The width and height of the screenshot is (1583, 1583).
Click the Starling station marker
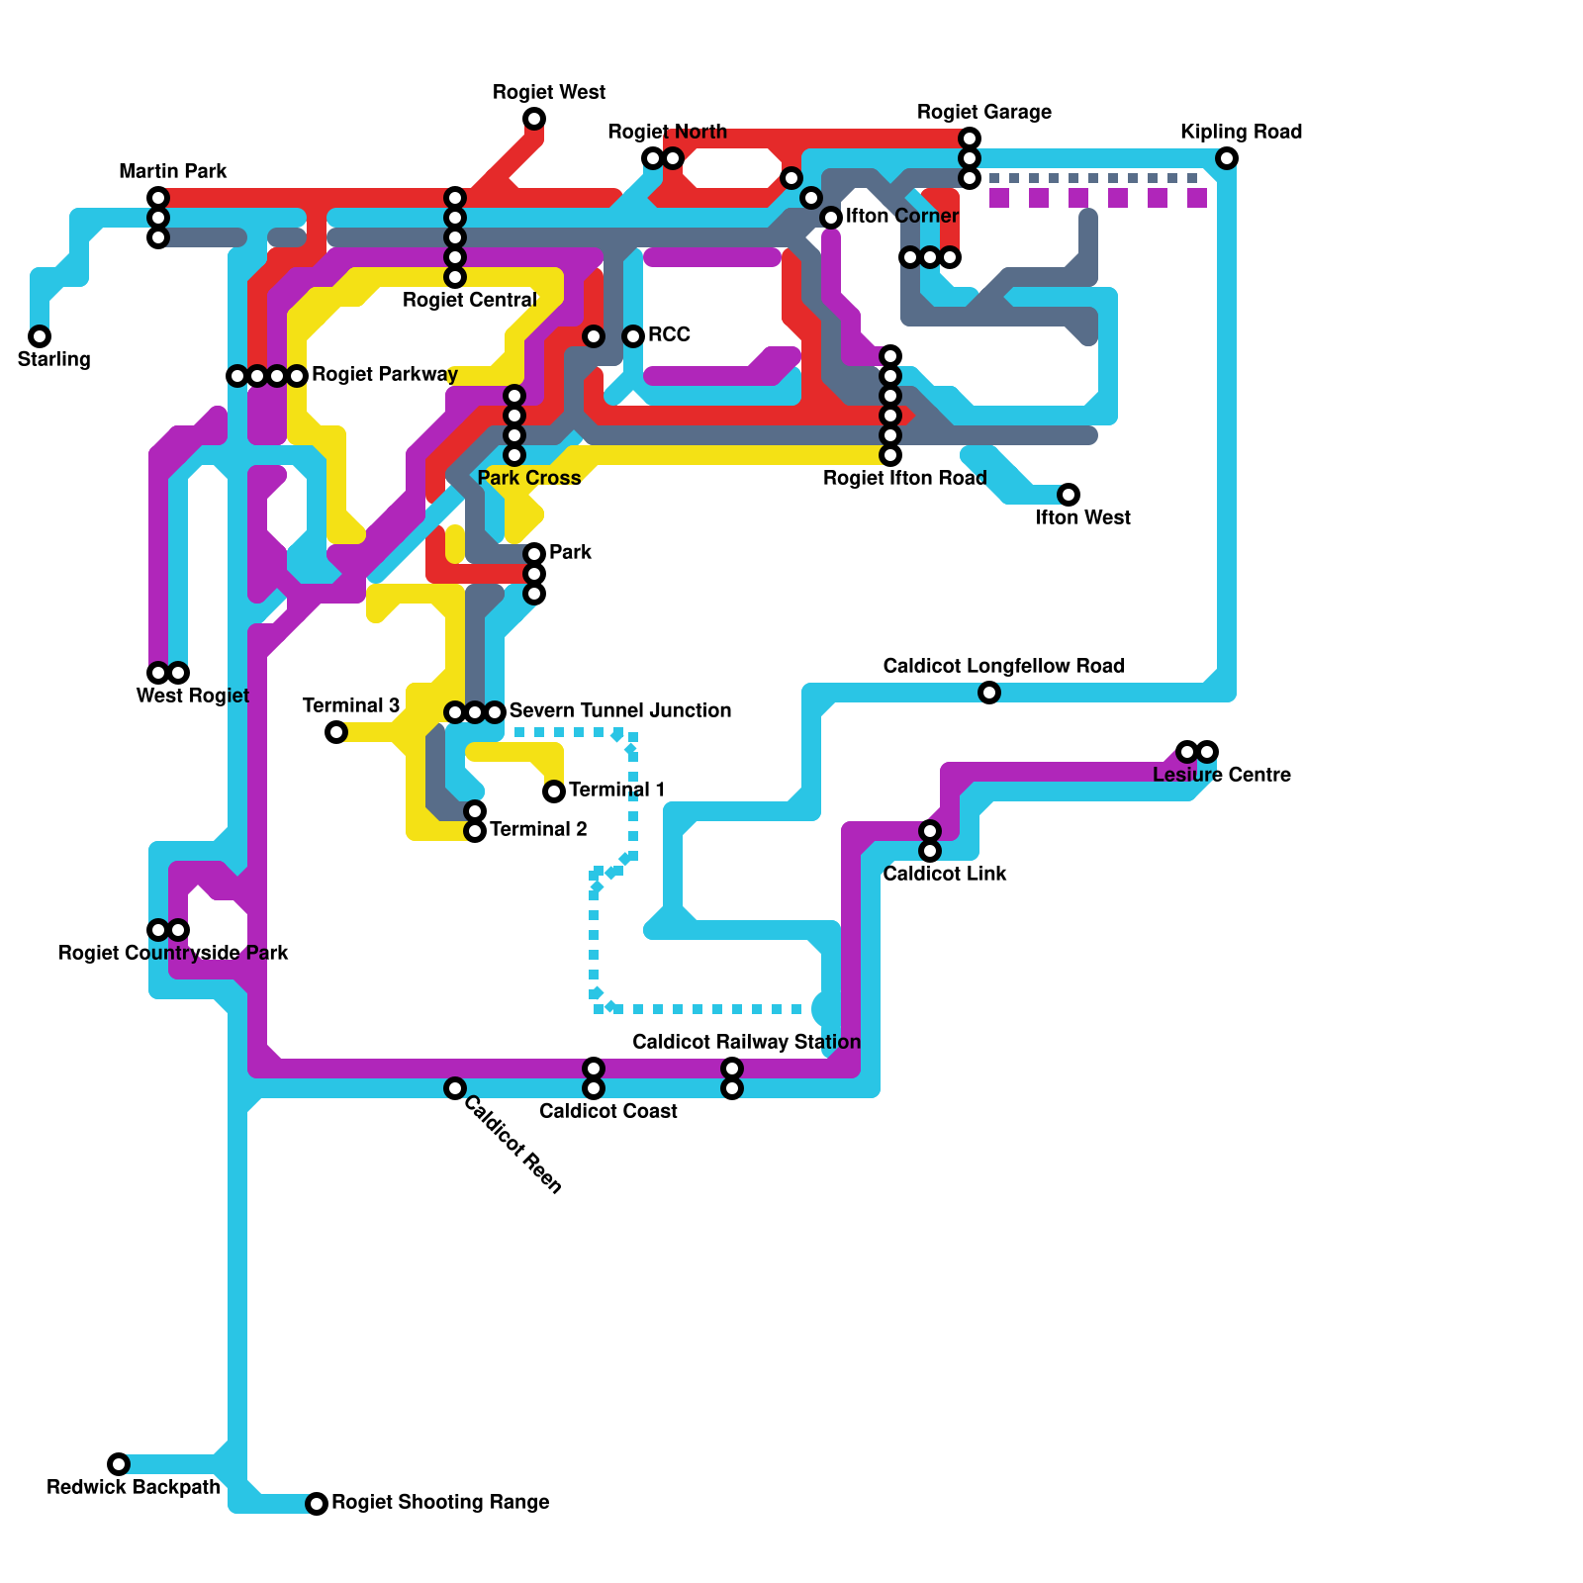click(x=40, y=336)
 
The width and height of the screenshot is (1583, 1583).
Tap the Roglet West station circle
click(x=534, y=119)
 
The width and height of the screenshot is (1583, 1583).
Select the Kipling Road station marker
click(x=1227, y=158)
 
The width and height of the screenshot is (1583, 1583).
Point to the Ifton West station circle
click(x=1069, y=495)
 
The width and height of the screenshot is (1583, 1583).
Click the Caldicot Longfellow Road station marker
click(x=989, y=693)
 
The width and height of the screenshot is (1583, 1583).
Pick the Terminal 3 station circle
click(x=336, y=732)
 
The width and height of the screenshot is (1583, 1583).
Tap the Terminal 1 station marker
click(x=554, y=791)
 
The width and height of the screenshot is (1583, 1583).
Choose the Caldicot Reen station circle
click(x=455, y=1088)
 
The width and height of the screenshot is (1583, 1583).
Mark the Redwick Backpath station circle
click(x=119, y=1464)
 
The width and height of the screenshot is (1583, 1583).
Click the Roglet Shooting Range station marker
click(x=317, y=1504)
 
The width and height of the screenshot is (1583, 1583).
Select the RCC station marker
click(x=633, y=336)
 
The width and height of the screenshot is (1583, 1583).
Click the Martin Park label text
click(x=173, y=172)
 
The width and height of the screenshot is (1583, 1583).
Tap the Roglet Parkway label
click(x=385, y=375)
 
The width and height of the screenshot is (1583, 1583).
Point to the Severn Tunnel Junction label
click(x=620, y=711)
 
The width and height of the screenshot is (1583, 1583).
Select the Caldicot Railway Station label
click(x=746, y=1043)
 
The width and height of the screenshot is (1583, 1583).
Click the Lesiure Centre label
click(x=1222, y=776)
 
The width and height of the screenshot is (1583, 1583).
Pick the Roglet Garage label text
click(x=984, y=113)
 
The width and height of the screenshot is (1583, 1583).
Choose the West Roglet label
click(x=193, y=697)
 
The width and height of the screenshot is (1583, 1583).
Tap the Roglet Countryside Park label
click(x=173, y=954)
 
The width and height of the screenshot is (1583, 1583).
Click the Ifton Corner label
click(x=902, y=217)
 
